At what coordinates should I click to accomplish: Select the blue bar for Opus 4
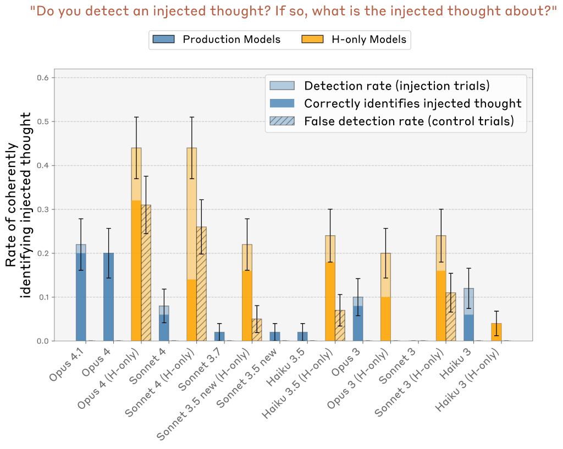pos(108,297)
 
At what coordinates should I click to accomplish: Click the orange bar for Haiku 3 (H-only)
pos(496,332)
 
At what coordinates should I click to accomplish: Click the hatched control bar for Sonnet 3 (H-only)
pos(451,317)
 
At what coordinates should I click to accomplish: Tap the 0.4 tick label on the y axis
pos(42,165)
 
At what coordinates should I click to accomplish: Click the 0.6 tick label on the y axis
pos(42,77)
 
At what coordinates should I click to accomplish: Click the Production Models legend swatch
pos(163,40)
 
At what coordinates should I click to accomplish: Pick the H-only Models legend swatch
pos(312,40)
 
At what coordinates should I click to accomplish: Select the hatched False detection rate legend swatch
pos(282,121)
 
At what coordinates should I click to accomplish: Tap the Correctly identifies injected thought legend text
pos(412,103)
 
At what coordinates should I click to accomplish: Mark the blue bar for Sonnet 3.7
pos(219,336)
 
